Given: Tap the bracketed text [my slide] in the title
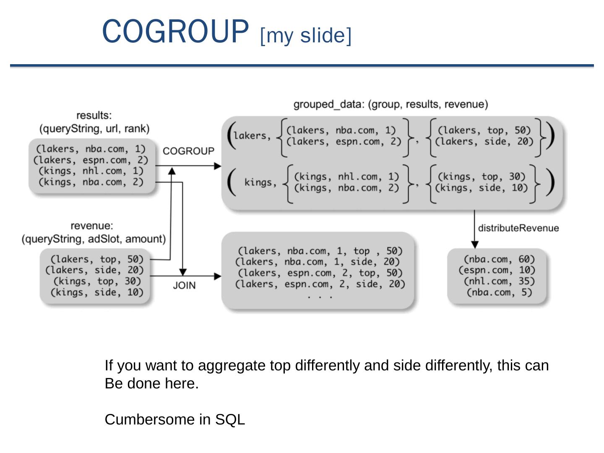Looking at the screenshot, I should [x=306, y=35].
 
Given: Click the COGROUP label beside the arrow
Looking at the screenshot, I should [x=188, y=151].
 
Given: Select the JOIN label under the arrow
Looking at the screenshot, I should [x=184, y=285].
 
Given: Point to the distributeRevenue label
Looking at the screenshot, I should [x=518, y=228].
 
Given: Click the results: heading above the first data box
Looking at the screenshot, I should [x=94, y=115].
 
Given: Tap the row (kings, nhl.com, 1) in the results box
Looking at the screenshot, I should [x=91, y=171].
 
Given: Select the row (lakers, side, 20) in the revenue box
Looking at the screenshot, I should [x=94, y=270].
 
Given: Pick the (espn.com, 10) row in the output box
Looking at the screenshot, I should [x=497, y=270].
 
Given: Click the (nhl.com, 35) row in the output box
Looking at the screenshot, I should [x=499, y=281].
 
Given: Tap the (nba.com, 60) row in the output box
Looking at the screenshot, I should [x=499, y=259].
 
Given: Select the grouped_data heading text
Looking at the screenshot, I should [x=391, y=104].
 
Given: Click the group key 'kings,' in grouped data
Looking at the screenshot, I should [x=260, y=182].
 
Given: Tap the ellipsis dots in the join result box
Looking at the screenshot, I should [x=320, y=296].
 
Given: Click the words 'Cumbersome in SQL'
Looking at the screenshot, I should [x=174, y=419].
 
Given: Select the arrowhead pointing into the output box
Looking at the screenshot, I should [x=474, y=245].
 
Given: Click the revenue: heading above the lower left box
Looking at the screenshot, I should [x=92, y=226].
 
